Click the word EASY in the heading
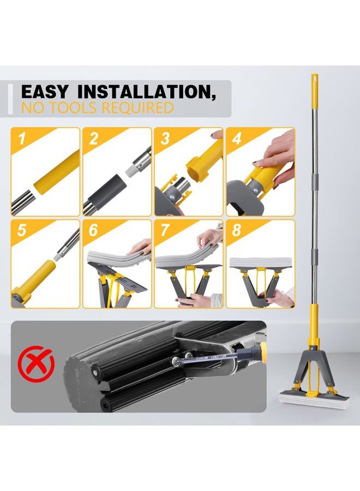tap(44, 92)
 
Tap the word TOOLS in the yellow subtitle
tap(73, 107)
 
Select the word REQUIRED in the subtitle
tap(137, 107)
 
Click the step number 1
tap(22, 139)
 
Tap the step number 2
tap(93, 139)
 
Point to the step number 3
tap(165, 139)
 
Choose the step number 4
tap(237, 139)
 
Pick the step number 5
tap(22, 230)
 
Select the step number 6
tap(93, 230)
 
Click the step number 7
tap(165, 230)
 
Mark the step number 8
tap(237, 230)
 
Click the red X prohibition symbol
tap(36, 363)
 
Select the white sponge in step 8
tap(260, 262)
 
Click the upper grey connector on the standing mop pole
tap(315, 181)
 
